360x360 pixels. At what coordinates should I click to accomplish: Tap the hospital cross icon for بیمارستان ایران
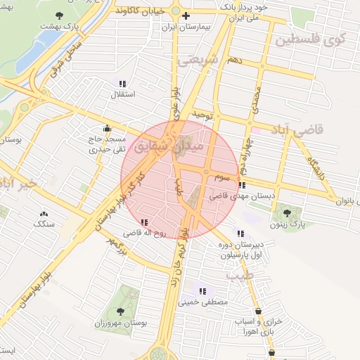click(186, 15)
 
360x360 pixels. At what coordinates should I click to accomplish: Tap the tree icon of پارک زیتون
click(285, 212)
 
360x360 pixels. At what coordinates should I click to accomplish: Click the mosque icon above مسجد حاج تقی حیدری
click(107, 129)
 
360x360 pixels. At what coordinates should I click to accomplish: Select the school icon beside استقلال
click(122, 82)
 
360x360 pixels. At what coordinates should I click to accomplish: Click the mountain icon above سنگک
click(44, 213)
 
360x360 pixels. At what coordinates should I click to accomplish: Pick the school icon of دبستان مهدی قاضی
click(242, 186)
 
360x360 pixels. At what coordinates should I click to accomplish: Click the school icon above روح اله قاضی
click(144, 222)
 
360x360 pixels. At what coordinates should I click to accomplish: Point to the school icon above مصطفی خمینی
click(202, 291)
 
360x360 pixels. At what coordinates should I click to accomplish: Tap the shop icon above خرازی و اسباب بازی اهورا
click(258, 311)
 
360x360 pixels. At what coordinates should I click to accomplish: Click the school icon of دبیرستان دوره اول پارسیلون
click(241, 233)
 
